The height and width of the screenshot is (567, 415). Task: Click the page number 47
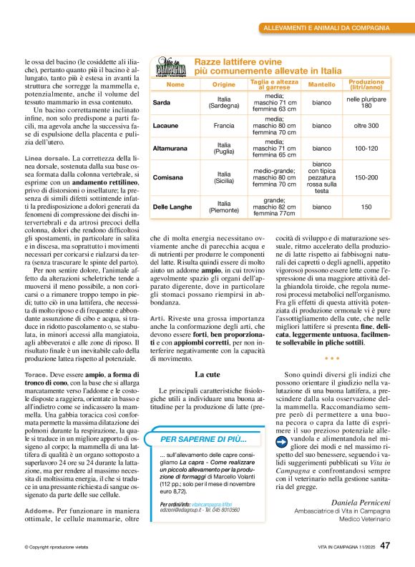[x=385, y=545]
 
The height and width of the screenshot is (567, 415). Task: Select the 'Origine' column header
[x=223, y=84]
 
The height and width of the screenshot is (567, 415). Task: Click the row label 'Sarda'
[x=162, y=103]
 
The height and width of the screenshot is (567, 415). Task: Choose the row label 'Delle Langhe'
[x=172, y=207]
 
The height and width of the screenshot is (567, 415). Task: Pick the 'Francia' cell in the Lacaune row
[x=223, y=126]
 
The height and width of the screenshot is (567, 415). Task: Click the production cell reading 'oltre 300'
[x=366, y=126]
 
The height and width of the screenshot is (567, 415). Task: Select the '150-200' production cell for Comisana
[x=366, y=177]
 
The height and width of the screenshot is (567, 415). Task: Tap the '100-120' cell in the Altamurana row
[x=366, y=149]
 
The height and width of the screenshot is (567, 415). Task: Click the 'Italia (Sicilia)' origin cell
[x=223, y=177]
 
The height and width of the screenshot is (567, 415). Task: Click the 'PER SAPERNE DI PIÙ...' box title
[x=203, y=438]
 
